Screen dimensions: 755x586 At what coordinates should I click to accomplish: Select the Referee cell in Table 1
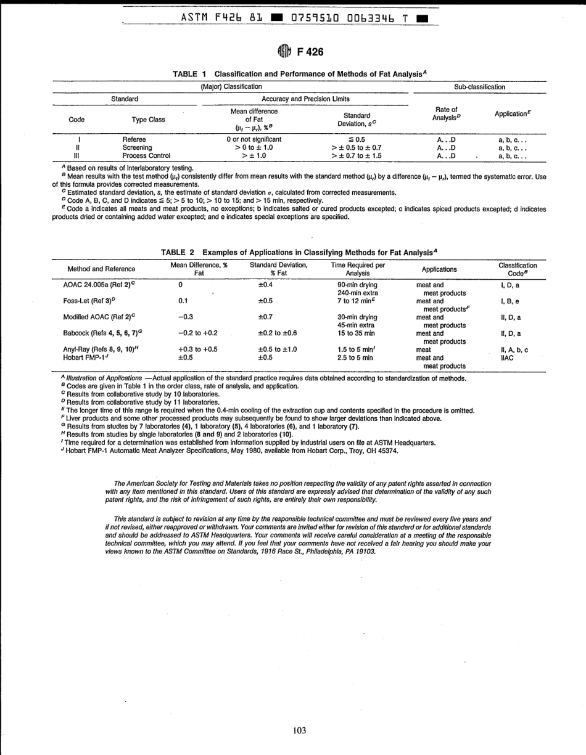[134, 140]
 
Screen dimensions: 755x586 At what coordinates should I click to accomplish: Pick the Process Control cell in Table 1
[146, 156]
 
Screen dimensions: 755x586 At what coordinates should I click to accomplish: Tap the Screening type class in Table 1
[137, 148]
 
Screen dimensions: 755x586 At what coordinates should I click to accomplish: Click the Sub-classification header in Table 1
[479, 87]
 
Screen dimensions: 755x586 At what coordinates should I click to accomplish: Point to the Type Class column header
[148, 120]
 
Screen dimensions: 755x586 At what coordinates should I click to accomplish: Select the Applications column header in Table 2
[439, 269]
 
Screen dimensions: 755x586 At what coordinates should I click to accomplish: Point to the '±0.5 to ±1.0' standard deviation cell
[277, 349]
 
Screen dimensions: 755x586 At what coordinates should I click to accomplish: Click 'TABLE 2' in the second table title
[178, 252]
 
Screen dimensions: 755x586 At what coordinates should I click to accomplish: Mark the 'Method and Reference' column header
[101, 269]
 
